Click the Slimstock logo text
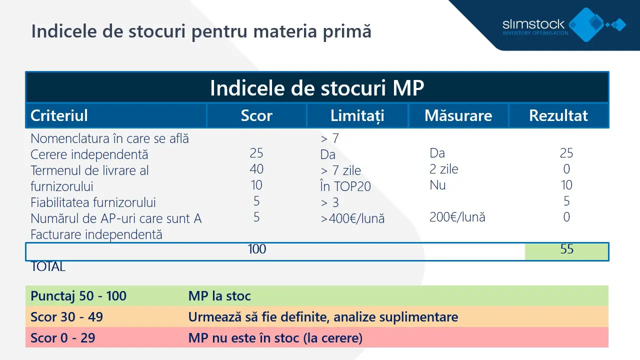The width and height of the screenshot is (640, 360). [534, 24]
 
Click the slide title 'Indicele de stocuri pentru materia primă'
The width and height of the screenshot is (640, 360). [201, 31]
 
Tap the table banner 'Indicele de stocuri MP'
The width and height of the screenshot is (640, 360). [317, 88]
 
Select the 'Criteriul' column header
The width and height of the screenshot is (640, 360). [59, 115]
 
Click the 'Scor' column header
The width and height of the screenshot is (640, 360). [256, 115]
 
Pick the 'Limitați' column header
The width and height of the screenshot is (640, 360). [357, 115]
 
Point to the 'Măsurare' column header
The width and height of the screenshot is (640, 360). [458, 115]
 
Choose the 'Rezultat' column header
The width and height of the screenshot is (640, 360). [558, 115]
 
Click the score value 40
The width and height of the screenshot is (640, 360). [256, 169]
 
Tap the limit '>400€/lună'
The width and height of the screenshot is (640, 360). [352, 218]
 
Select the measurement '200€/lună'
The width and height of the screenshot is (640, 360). [457, 217]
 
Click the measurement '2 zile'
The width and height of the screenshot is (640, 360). [444, 169]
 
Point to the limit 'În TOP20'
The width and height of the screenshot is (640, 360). [345, 186]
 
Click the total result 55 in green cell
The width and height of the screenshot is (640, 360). [566, 249]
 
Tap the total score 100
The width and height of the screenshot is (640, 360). [256, 249]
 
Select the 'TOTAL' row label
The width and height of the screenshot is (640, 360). [48, 266]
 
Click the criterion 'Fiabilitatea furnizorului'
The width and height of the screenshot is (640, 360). [93, 202]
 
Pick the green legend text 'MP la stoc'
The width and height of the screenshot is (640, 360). [219, 296]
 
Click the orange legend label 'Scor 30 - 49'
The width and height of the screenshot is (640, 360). [66, 317]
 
